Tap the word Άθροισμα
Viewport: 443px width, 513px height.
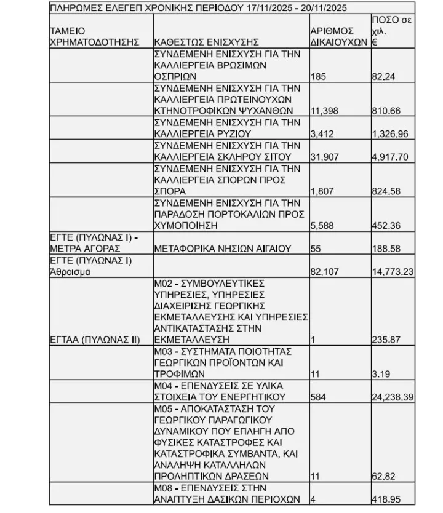pyautogui.click(x=69, y=271)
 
